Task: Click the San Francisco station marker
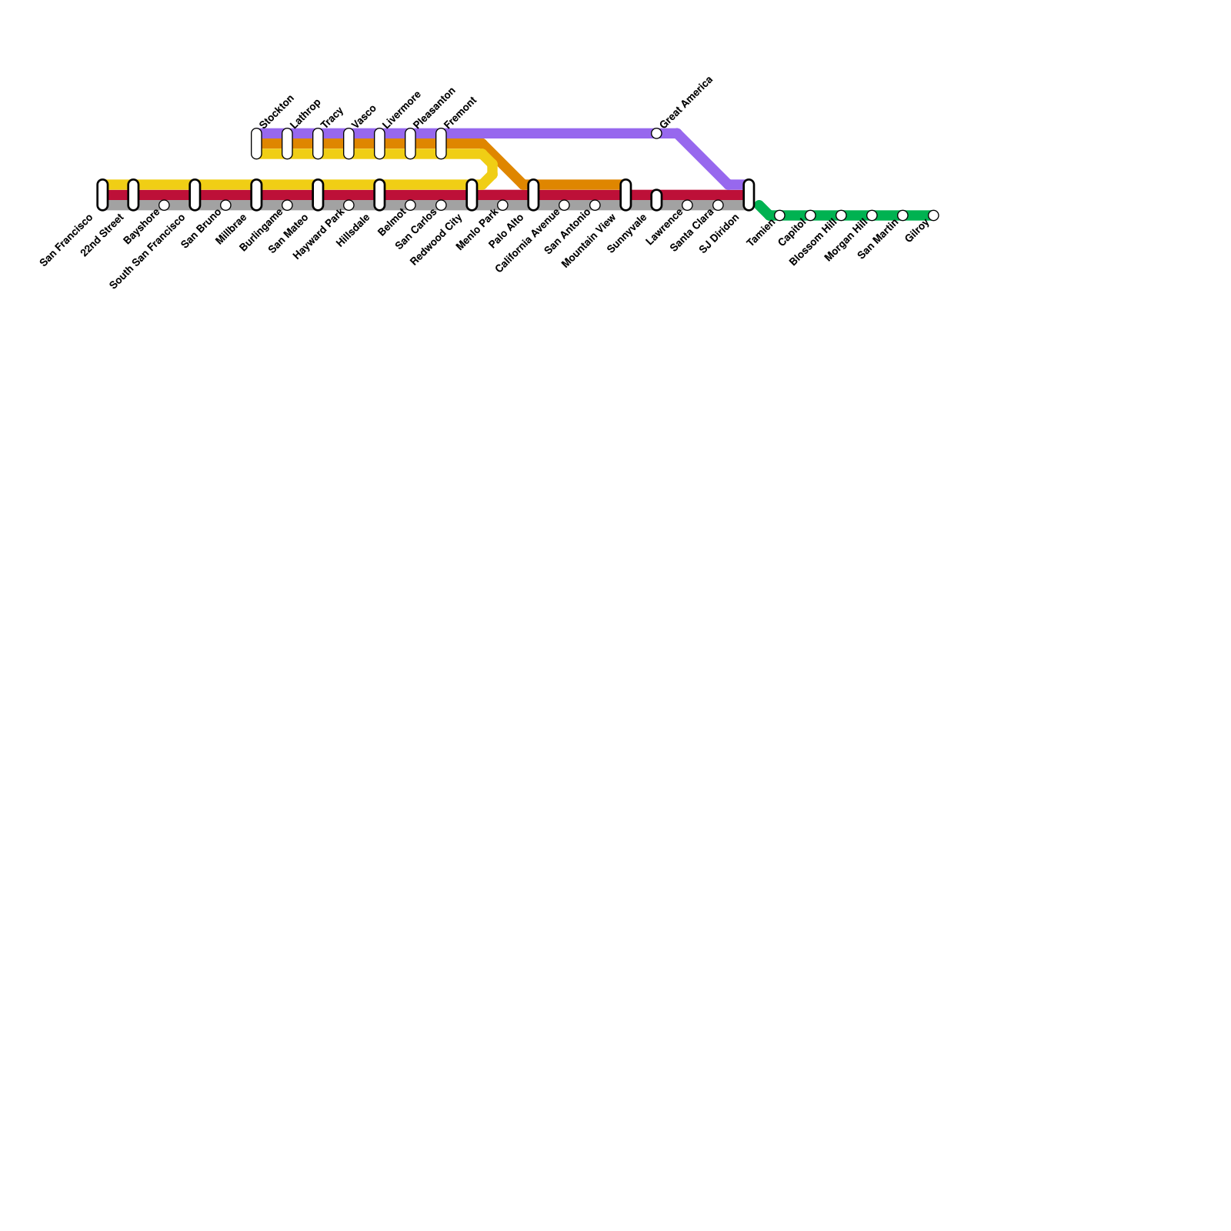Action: point(102,195)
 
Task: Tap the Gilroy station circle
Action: point(933,215)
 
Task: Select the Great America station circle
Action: point(656,134)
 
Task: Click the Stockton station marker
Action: point(256,144)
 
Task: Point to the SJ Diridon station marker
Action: point(749,195)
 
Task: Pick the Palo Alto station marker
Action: point(533,195)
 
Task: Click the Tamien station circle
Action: point(779,215)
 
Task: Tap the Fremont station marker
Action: point(441,144)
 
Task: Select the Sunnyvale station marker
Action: point(656,200)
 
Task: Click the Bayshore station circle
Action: point(164,205)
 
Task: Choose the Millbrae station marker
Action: point(256,195)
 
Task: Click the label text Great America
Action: point(686,102)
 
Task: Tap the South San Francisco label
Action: point(148,252)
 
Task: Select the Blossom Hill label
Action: point(812,242)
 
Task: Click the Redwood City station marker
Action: point(472,195)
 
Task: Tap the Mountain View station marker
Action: point(626,195)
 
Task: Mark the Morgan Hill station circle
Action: point(872,215)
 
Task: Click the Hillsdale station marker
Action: point(379,195)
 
